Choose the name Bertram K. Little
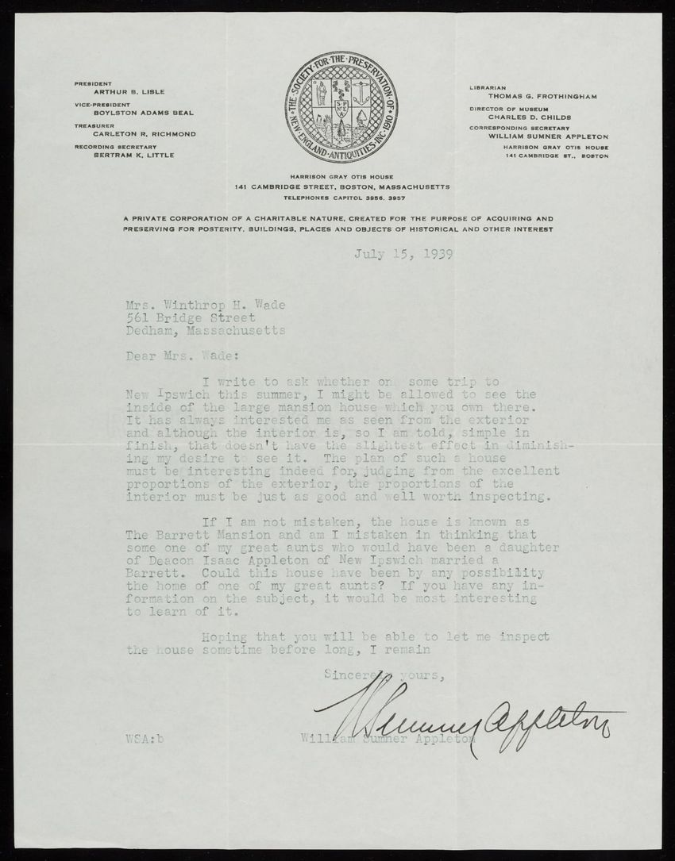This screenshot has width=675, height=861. point(133,155)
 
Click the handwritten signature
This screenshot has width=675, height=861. point(469,719)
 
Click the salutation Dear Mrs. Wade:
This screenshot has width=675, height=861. point(177,357)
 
